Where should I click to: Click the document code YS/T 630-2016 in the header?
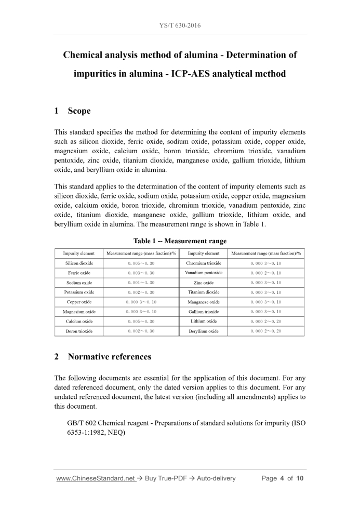click(x=180, y=25)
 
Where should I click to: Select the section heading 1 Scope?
click(x=72, y=111)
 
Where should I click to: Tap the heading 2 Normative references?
click(x=102, y=357)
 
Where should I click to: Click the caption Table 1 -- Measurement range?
click(x=180, y=241)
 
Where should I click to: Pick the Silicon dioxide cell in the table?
click(x=79, y=263)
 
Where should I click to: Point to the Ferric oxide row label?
click(x=79, y=273)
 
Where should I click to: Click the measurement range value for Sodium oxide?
click(x=141, y=283)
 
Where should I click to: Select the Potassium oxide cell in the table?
click(x=79, y=292)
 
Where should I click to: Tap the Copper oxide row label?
click(x=79, y=302)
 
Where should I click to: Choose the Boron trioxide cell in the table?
click(x=79, y=331)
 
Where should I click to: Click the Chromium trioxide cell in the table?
click(x=204, y=263)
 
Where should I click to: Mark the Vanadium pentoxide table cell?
click(x=204, y=273)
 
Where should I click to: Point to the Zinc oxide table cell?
click(x=204, y=283)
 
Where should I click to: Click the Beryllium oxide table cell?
click(x=204, y=331)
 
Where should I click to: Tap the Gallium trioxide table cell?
click(x=204, y=312)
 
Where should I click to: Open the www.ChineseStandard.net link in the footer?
click(x=95, y=478)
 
